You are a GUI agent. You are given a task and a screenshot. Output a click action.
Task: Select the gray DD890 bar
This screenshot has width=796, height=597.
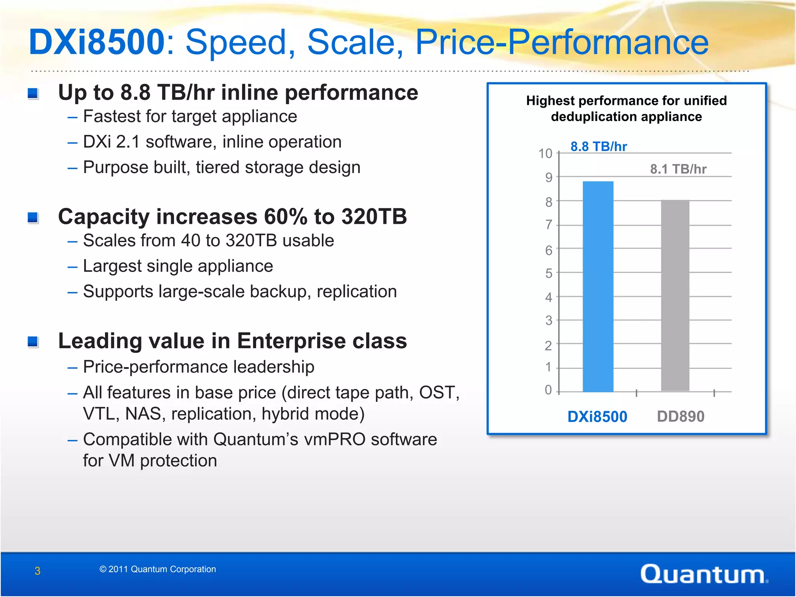(x=675, y=295)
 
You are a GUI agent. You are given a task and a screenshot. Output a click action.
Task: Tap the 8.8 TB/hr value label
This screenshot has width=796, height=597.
(x=599, y=147)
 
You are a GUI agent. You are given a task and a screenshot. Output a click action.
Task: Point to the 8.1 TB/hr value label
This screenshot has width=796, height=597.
(x=678, y=169)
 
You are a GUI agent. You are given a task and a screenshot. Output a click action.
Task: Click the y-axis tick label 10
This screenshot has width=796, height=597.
(x=545, y=154)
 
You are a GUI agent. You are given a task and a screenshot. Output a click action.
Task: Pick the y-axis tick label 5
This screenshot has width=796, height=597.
(x=548, y=273)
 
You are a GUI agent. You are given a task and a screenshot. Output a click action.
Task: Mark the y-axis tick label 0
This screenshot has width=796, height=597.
(x=548, y=390)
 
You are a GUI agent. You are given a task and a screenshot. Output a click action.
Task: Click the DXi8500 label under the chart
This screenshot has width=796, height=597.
(x=597, y=417)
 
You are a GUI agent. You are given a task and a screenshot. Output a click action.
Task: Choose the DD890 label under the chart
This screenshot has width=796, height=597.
(x=681, y=417)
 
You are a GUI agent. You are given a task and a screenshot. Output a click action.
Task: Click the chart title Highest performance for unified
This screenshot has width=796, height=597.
(x=626, y=101)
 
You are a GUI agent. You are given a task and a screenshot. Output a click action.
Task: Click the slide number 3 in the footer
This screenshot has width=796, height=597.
(x=37, y=571)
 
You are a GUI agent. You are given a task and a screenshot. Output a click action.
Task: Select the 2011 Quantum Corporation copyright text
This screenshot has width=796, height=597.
(x=158, y=569)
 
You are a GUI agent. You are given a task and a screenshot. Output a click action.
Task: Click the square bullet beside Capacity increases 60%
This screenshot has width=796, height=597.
(x=33, y=217)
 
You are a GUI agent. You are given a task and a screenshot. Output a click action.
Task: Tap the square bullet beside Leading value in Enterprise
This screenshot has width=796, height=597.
(x=33, y=342)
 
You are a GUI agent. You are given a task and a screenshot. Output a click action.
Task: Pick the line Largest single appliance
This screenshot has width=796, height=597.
(x=178, y=266)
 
